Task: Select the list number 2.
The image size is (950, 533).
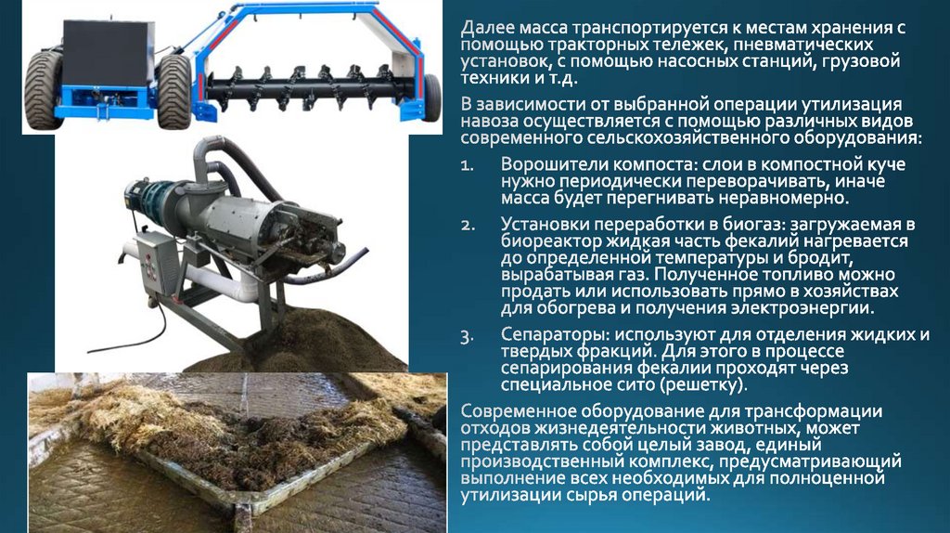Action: pos(468,226)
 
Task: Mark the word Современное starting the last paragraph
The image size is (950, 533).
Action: pos(519,411)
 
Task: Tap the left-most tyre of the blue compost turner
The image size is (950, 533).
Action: pos(44,90)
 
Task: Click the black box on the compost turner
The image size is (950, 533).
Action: pos(108,54)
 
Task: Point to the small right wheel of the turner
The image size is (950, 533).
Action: pos(432,97)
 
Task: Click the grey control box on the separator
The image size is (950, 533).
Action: pos(157,262)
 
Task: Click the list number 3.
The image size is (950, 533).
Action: pos(467,336)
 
